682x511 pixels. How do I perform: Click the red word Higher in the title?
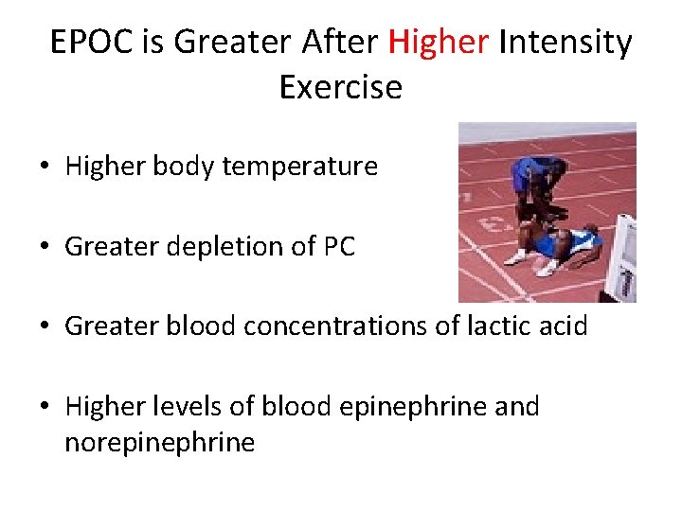click(x=438, y=43)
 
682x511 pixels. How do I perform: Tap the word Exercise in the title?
click(x=341, y=87)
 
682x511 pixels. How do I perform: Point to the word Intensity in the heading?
click(x=565, y=43)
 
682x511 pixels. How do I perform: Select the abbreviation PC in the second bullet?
click(x=338, y=247)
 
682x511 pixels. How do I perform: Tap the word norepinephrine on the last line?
click(x=159, y=442)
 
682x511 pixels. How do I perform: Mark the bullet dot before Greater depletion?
click(x=45, y=248)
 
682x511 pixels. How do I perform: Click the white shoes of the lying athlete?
click(x=530, y=261)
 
